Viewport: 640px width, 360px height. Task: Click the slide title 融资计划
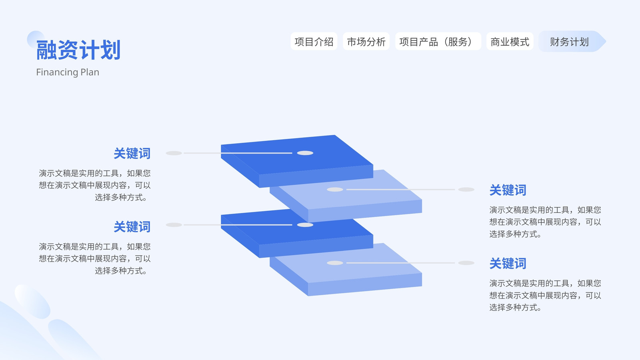pos(78,50)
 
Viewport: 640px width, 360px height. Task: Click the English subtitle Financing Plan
pos(68,72)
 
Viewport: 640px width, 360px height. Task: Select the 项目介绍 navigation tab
pos(314,42)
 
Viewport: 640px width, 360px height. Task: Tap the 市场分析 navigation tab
pos(366,42)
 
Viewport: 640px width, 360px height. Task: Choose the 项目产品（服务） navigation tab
pos(438,42)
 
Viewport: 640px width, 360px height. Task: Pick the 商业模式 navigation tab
pos(510,42)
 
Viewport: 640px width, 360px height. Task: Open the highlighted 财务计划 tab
pos(570,42)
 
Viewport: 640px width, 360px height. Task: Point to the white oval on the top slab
pos(305,153)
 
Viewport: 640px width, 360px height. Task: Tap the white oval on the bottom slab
pos(335,263)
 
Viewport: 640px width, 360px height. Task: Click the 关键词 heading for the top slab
pos(132,154)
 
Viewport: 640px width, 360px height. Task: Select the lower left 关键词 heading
pos(132,227)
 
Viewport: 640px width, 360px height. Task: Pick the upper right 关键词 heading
pos(508,190)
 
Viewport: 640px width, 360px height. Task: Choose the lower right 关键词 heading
pos(508,264)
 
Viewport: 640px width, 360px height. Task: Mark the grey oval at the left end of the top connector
pos(174,153)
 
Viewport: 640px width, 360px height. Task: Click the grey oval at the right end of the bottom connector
pos(466,263)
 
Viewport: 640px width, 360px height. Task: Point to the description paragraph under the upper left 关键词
pos(94,185)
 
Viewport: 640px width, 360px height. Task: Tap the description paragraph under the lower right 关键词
pos(545,295)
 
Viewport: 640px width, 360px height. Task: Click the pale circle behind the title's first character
pos(36,40)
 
